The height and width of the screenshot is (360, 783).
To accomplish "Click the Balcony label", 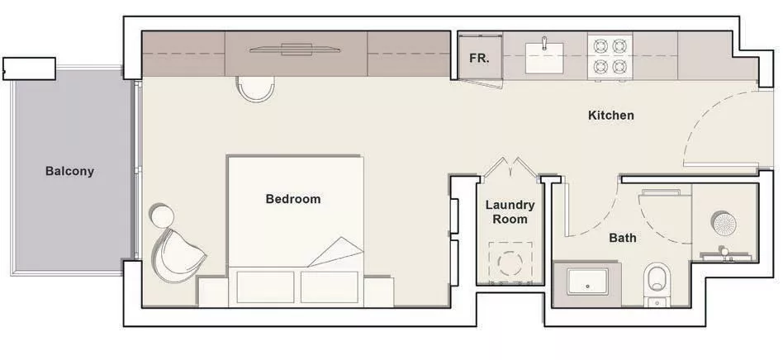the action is [x=69, y=171].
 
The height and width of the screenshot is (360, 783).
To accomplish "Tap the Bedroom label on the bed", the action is [x=293, y=199].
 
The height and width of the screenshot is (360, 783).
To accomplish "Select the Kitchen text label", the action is [x=610, y=116].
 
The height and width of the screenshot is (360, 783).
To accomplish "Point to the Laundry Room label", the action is [x=510, y=211].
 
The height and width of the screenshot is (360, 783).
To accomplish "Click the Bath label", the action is [x=623, y=238].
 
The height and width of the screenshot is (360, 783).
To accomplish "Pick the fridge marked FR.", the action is [x=479, y=56].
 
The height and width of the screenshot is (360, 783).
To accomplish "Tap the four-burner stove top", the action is [x=610, y=56].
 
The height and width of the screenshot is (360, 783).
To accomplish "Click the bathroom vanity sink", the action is [x=587, y=282].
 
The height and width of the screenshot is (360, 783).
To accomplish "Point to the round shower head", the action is [x=724, y=225].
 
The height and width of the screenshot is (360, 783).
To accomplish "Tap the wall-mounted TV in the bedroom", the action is [x=295, y=49].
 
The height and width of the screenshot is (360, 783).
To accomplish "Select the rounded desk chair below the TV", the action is [x=255, y=89].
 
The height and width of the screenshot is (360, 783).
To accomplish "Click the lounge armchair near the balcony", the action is [x=178, y=256].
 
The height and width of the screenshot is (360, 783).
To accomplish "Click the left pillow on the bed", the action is [x=265, y=287].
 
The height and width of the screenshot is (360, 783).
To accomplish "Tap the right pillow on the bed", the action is [x=330, y=287].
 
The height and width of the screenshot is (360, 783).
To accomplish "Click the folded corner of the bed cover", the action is [x=338, y=252].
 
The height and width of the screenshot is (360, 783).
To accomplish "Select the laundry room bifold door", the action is [x=510, y=168].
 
